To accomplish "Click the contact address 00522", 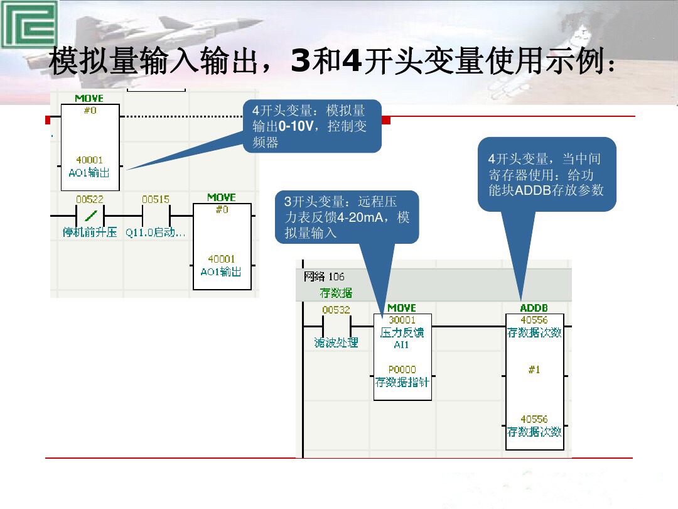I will click(90, 199).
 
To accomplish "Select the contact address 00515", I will click(155, 199).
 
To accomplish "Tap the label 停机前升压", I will click(90, 233).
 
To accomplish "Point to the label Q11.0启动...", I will click(155, 233).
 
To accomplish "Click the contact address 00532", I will click(336, 310).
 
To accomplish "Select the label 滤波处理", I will click(336, 342).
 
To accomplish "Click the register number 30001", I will click(402, 320).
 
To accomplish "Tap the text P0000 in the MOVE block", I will click(402, 369).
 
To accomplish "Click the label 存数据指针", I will click(402, 381).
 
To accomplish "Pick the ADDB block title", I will click(534, 308).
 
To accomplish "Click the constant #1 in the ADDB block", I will click(534, 369).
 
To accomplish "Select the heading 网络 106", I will click(324, 276).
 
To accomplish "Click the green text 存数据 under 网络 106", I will click(336, 292).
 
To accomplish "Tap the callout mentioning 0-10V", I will click(312, 126).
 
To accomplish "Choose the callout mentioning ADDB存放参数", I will click(546, 175).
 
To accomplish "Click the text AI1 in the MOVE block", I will click(402, 344).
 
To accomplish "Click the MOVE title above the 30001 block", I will click(402, 308).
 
